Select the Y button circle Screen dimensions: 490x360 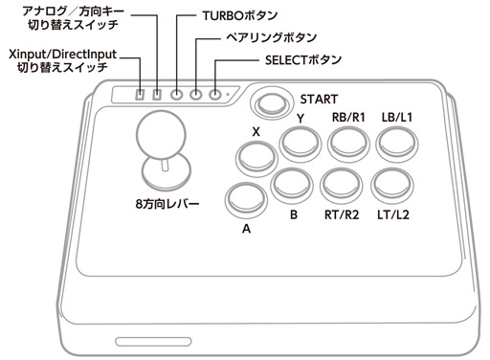(300, 144)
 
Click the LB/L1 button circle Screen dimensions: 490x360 (395, 144)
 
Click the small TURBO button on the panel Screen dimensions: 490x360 (177, 95)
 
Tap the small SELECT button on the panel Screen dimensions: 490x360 (215, 95)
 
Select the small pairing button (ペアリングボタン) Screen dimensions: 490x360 (196, 95)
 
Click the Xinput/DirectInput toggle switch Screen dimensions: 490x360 (139, 95)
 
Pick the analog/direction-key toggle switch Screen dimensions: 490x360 (157, 95)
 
